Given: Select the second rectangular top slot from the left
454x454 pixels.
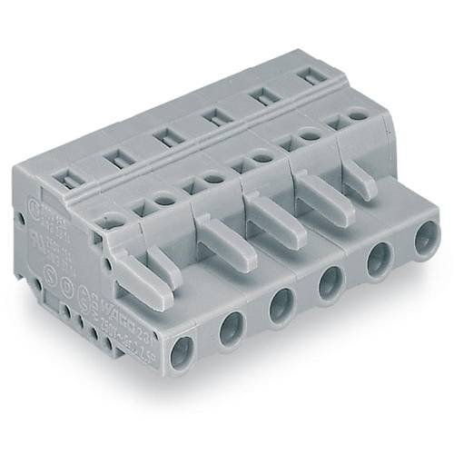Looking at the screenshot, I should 116,158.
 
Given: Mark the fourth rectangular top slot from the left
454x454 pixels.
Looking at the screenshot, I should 214,114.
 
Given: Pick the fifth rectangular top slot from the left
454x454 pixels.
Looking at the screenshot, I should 262,94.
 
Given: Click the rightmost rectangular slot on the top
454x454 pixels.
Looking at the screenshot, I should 311,75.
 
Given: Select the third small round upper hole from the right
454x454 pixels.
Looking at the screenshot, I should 262,156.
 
